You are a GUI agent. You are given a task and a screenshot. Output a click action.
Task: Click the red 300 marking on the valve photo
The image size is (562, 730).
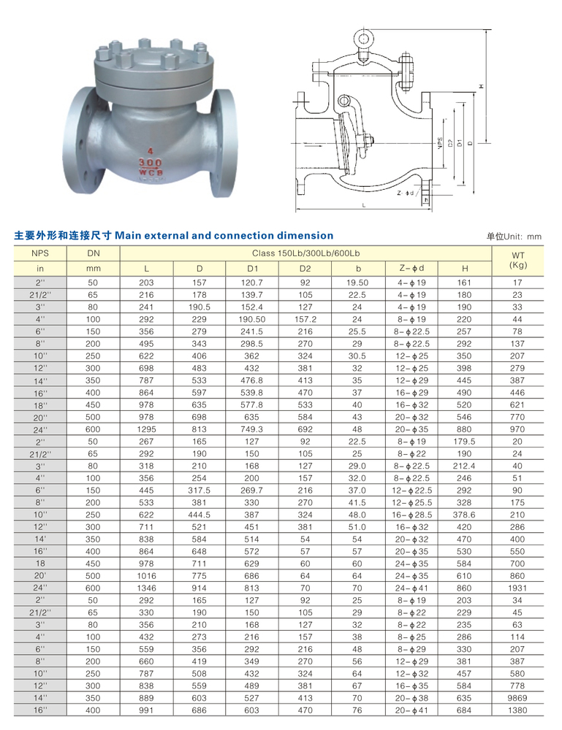pos(150,163)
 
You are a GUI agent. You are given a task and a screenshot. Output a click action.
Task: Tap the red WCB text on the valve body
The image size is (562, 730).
pos(151,172)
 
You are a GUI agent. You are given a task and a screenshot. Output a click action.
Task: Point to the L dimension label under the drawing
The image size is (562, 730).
pos(364,205)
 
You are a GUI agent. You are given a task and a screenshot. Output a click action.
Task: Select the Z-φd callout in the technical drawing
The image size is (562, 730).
pos(406,193)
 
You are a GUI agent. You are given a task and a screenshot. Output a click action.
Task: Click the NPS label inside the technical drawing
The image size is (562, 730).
pos(440,143)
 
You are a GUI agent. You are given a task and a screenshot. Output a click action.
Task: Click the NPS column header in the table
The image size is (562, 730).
pos(40,253)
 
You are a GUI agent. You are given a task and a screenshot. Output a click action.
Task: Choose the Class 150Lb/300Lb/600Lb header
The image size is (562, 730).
pos(305,253)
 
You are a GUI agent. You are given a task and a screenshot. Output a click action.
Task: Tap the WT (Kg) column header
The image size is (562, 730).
pos(517,260)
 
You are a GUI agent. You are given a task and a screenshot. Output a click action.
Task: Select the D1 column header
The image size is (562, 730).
pos(252,269)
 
